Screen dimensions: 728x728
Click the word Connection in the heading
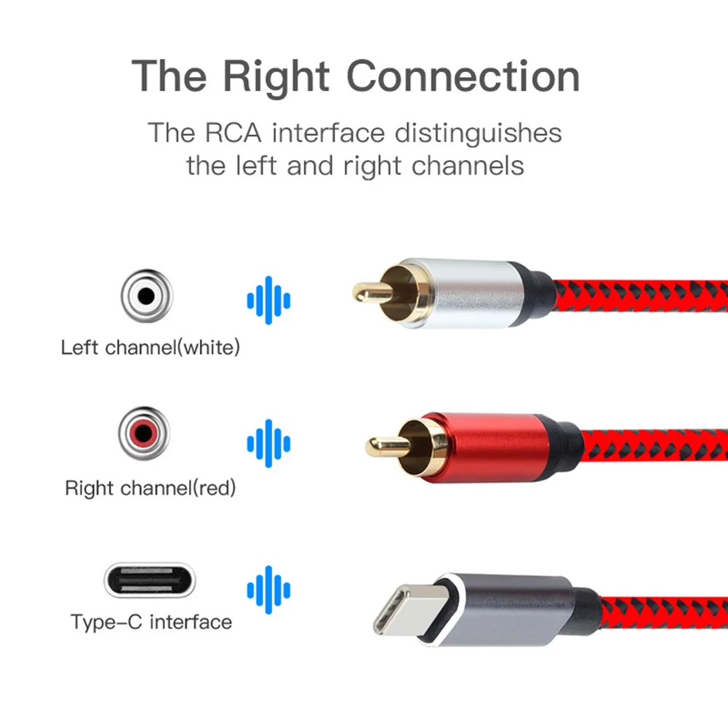(x=463, y=76)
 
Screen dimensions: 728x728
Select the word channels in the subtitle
(x=468, y=165)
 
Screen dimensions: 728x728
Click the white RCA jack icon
(x=146, y=296)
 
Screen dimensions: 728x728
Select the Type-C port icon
(x=150, y=579)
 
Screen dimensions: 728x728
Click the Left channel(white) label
(x=150, y=348)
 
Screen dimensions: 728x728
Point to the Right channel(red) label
(x=151, y=487)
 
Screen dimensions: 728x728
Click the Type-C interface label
(x=151, y=623)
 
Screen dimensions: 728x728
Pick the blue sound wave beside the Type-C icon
(x=268, y=589)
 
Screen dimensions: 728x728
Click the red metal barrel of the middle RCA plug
(x=495, y=445)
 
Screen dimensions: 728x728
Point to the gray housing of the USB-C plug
(x=509, y=608)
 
